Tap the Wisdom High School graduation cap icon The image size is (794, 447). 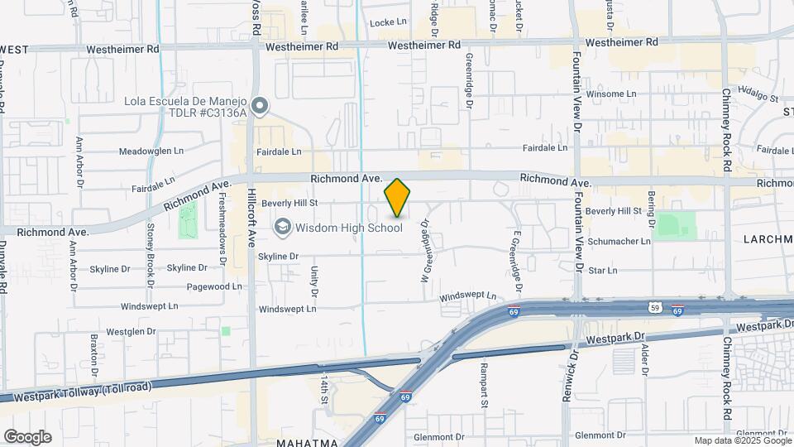tap(283, 227)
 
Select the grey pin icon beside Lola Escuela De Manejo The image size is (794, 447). tap(261, 105)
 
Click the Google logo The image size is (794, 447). tap(27, 436)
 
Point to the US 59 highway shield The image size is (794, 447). tap(655, 308)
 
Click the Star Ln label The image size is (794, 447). tap(603, 270)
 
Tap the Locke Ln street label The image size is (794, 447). tap(389, 22)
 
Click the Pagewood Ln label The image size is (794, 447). tap(214, 286)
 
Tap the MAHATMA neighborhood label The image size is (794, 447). tap(307, 442)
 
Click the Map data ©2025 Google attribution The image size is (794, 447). tap(742, 440)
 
